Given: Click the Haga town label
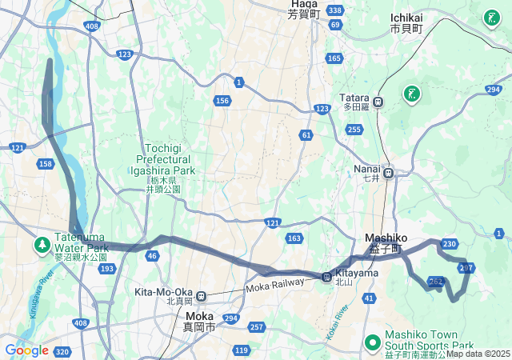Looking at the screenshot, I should [x=304, y=9].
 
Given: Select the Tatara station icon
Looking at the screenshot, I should [x=378, y=102].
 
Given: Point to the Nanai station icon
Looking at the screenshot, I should [x=389, y=172].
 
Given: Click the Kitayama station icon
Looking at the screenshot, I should [x=326, y=277].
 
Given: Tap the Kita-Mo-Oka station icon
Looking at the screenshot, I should [x=202, y=294].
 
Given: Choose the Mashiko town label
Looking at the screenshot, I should [x=386, y=238].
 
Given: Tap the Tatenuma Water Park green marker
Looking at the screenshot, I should [x=41, y=244].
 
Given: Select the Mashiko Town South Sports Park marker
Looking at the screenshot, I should [x=372, y=343].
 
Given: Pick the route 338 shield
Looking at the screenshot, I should [x=334, y=10].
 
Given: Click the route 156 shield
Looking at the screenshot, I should [x=222, y=100].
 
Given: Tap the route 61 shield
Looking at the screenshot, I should [x=306, y=135].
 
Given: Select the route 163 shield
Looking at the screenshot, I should [x=294, y=238].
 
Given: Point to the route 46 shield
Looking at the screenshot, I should [x=152, y=255].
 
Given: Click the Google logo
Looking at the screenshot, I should [x=26, y=350].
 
